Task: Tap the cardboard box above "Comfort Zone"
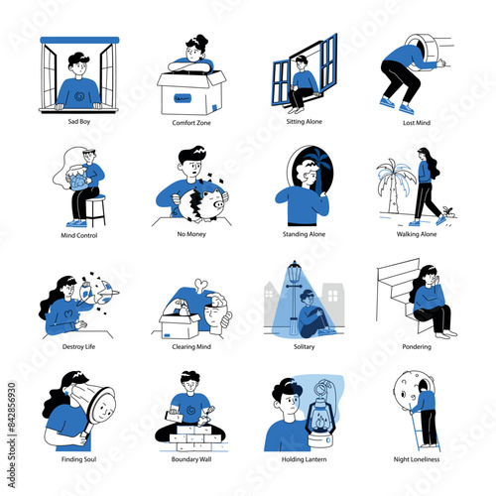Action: click(x=190, y=92)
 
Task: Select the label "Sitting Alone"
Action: click(x=304, y=121)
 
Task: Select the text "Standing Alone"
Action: click(x=304, y=234)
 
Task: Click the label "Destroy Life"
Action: click(x=77, y=347)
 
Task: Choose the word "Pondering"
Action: click(x=417, y=347)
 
